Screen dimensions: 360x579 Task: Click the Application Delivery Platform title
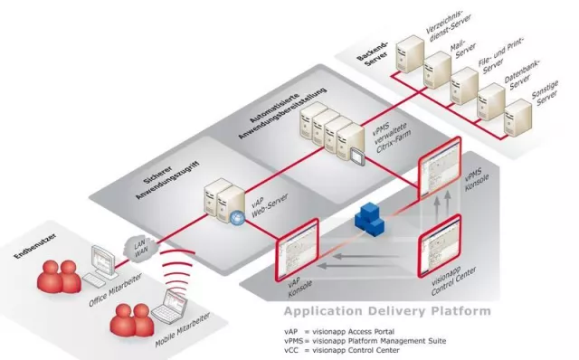coord(386,311)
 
